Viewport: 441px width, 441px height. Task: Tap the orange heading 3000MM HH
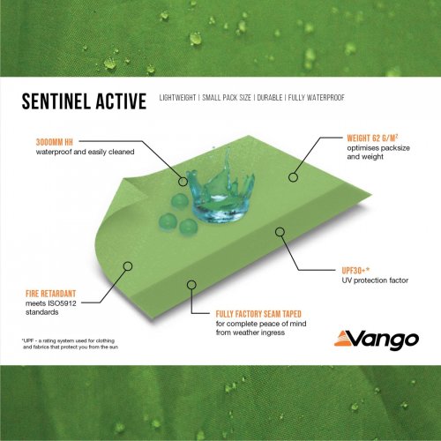coord(55,141)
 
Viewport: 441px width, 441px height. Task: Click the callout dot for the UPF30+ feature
coord(280,232)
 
